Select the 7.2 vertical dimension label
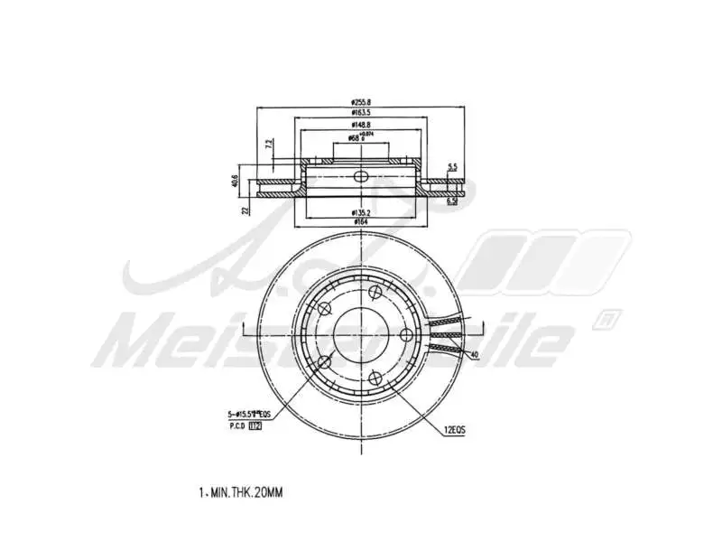click(269, 145)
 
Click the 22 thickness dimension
click(245, 210)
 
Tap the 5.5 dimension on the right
click(453, 167)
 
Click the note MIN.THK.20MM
click(240, 493)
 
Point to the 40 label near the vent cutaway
click(473, 355)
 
